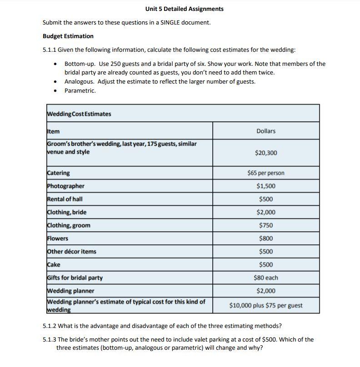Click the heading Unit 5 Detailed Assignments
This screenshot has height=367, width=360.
coord(184,9)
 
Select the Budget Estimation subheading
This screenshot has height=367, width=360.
coord(68,36)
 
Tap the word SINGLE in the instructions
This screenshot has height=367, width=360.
coord(171,22)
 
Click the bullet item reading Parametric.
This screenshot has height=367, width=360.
coord(80,90)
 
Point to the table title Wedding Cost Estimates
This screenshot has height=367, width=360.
coord(79,114)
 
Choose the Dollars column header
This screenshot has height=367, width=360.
coord(266,131)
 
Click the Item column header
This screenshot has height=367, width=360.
coord(53,131)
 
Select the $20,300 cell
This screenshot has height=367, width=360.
coord(266,153)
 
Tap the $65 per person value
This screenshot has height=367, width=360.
coord(266,173)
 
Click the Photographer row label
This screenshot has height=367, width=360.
coord(65,186)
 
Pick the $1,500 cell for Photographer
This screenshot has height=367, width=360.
coord(266,186)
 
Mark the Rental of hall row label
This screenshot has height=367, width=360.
coord(65,199)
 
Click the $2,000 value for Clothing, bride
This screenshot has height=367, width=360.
coord(266,212)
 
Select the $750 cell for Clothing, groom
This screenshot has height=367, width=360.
coord(266,225)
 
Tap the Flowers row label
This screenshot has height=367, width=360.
coord(57,238)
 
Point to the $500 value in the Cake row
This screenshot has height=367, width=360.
coord(266,265)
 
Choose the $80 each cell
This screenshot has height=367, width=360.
coord(266,278)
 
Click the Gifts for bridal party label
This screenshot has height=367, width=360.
coord(75,278)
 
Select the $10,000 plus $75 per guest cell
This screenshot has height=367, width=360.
coord(266,305)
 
